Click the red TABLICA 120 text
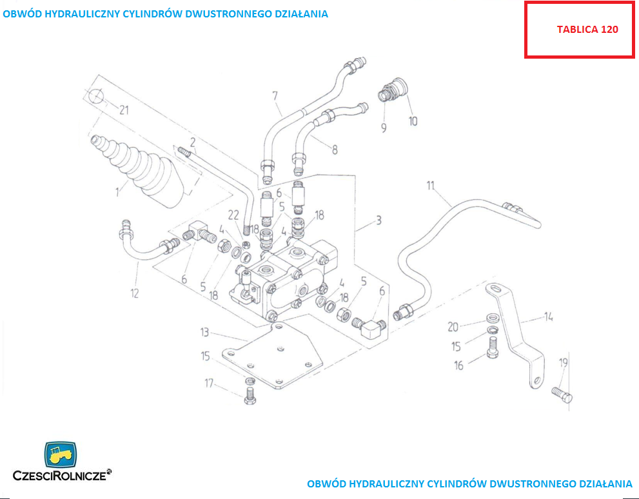tap(587, 30)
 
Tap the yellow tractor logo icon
tap(59, 455)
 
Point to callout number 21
tap(124, 110)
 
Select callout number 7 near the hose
tap(275, 96)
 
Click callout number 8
tap(335, 150)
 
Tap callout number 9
tap(384, 128)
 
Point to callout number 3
tap(378, 220)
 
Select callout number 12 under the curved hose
tap(135, 294)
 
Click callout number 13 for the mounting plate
tap(204, 332)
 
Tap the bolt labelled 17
tap(250, 395)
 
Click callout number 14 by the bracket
tap(549, 317)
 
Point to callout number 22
tap(233, 215)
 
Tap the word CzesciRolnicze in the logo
tap(62, 476)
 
